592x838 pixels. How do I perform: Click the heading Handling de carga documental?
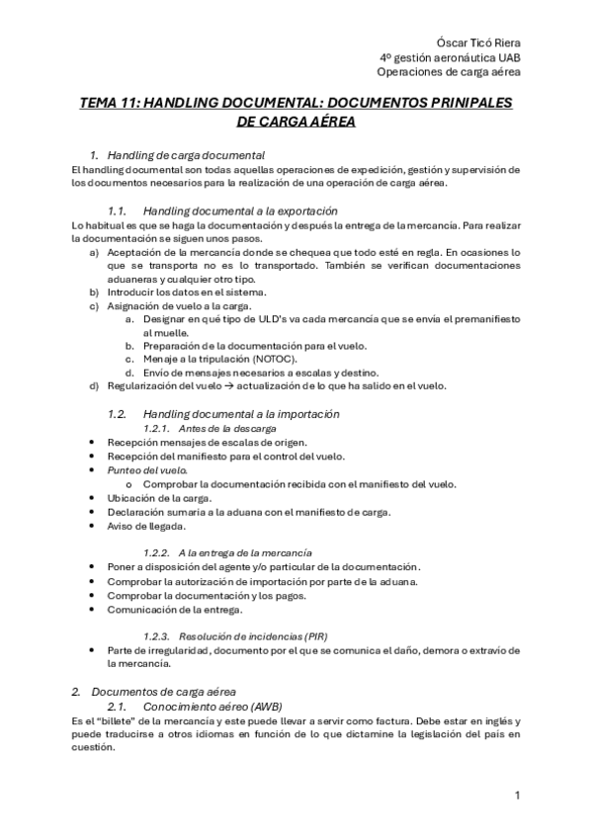point(186,155)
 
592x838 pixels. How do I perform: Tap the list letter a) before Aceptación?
point(94,253)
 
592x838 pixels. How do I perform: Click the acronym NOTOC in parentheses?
point(270,359)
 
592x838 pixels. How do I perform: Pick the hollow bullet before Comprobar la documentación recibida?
point(130,483)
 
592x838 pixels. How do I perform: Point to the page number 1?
point(517,794)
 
